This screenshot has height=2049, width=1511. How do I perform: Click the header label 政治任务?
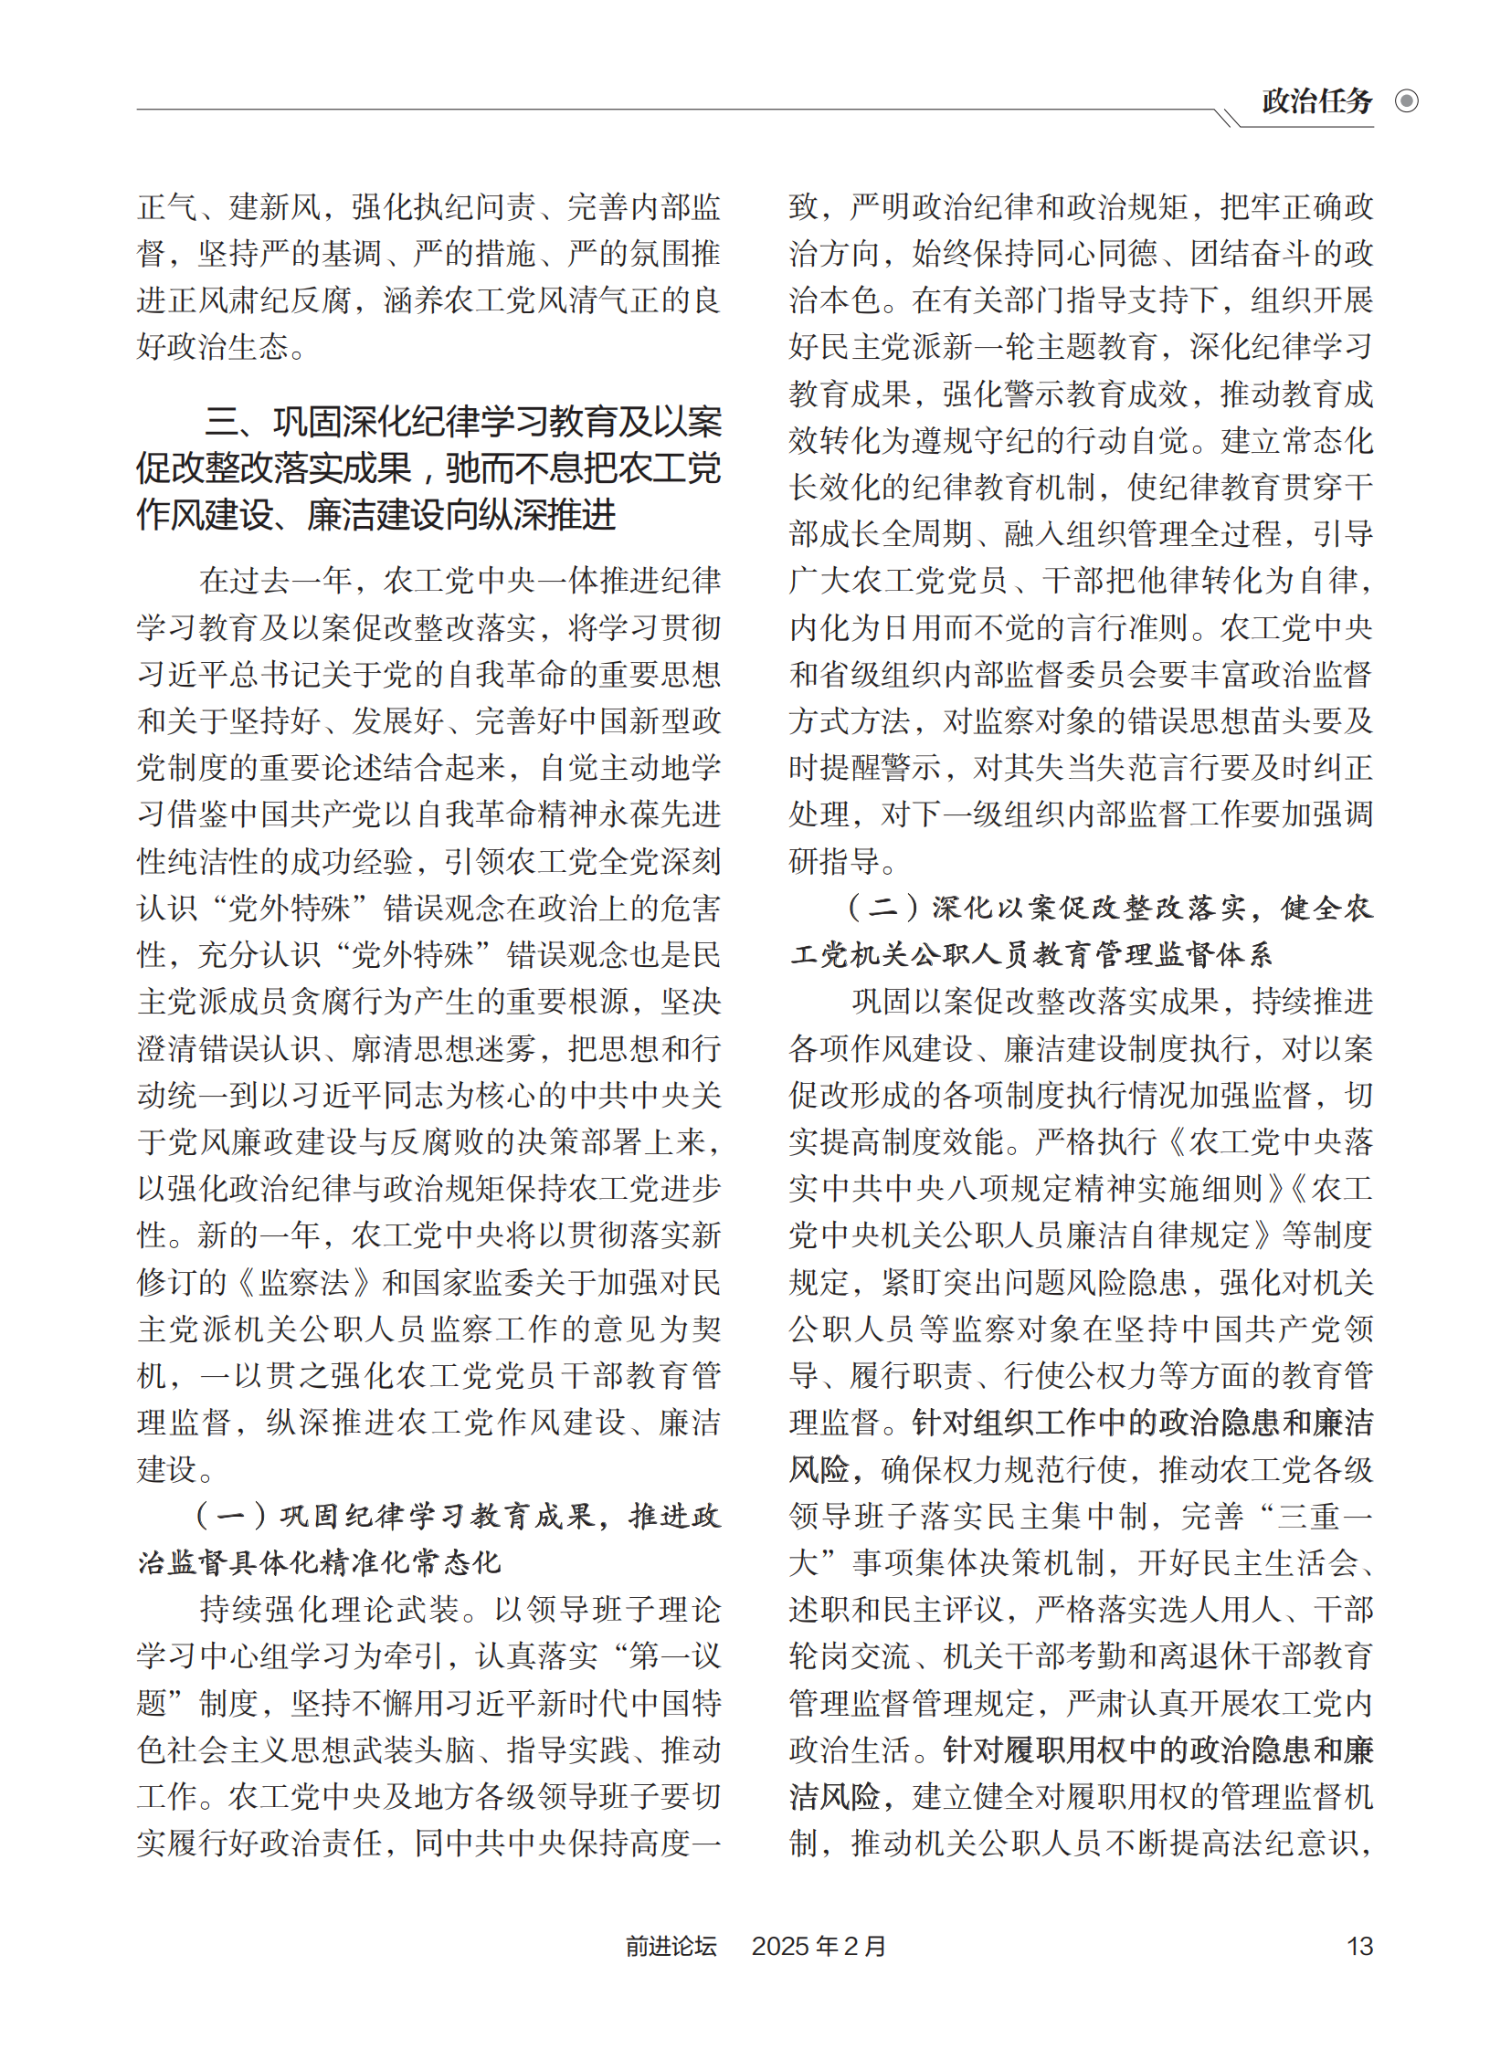(x=1316, y=101)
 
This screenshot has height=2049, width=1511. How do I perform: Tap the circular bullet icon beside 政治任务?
(x=1406, y=101)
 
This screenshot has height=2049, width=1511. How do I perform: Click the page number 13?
(x=1359, y=1946)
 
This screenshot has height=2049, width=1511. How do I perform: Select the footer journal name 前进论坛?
(x=671, y=1946)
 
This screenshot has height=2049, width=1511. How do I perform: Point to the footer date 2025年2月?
(x=819, y=1946)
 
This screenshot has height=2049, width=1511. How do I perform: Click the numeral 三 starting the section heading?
(x=222, y=422)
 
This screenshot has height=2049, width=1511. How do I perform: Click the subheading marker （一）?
(x=229, y=1516)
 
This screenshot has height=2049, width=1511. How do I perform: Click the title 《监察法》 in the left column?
(x=305, y=1282)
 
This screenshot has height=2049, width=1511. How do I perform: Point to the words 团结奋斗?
(x=1251, y=253)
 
